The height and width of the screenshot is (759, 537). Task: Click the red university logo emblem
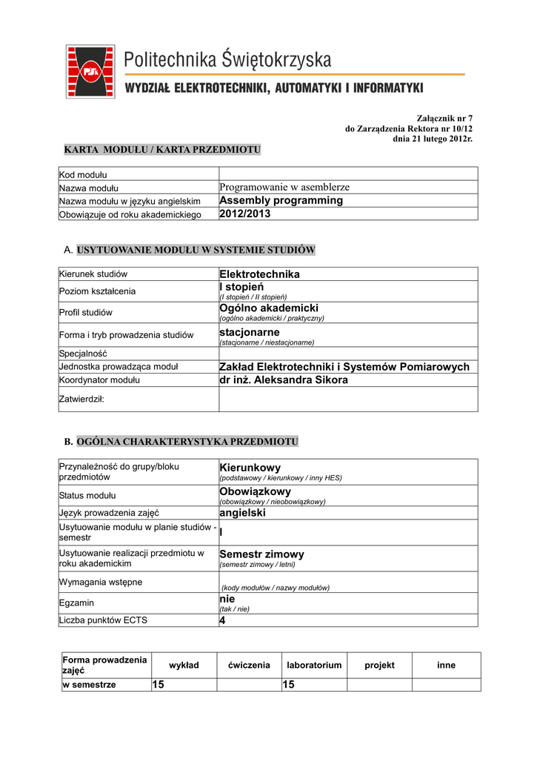pyautogui.click(x=90, y=71)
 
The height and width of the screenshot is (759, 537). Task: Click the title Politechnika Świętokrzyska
pyautogui.click(x=227, y=59)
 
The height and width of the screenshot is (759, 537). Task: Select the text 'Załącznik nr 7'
pyautogui.click(x=444, y=118)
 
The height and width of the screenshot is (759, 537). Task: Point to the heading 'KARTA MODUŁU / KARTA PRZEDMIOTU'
pyautogui.click(x=163, y=150)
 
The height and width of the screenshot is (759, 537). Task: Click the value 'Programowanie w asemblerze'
pyautogui.click(x=284, y=188)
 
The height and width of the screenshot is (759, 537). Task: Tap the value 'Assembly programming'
pyautogui.click(x=281, y=201)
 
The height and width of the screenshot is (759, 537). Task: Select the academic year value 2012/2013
pyautogui.click(x=245, y=214)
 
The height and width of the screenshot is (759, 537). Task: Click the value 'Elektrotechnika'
pyautogui.click(x=260, y=274)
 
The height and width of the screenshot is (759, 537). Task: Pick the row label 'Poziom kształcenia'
pyautogui.click(x=97, y=291)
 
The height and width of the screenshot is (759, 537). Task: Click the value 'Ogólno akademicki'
pyautogui.click(x=269, y=308)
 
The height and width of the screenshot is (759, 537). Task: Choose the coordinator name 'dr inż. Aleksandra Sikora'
pyautogui.click(x=284, y=380)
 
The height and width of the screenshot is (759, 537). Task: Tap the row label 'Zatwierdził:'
pyautogui.click(x=81, y=399)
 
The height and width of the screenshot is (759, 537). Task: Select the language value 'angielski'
pyautogui.click(x=242, y=512)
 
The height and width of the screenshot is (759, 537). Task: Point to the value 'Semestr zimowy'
pyautogui.click(x=262, y=554)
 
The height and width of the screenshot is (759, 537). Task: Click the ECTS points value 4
pyautogui.click(x=222, y=620)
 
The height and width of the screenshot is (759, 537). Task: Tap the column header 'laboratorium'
pyautogui.click(x=314, y=666)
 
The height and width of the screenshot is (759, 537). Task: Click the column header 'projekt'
pyautogui.click(x=379, y=666)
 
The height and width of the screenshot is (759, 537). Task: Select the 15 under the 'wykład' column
pyautogui.click(x=158, y=685)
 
